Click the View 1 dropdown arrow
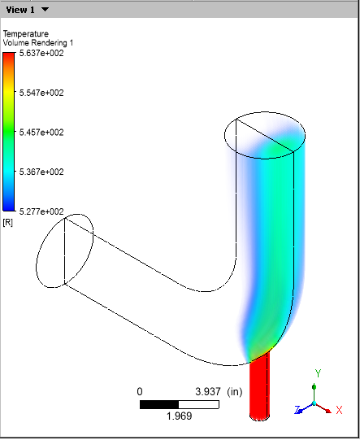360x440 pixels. click(45, 9)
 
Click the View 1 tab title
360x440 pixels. click(20, 9)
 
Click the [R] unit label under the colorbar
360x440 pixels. click(8, 222)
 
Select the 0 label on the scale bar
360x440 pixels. click(140, 391)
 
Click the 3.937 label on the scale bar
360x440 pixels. click(208, 391)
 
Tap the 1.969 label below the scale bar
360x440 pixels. click(179, 416)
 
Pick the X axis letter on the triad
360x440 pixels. click(339, 411)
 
